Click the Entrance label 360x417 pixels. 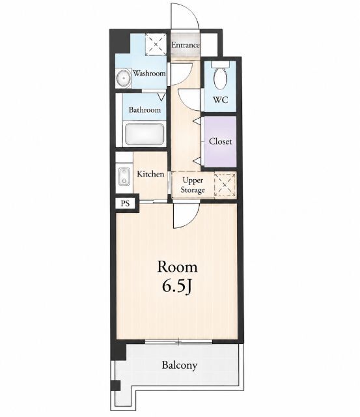point(185,45)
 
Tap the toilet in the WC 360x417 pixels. point(221,76)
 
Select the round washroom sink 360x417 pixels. point(124,78)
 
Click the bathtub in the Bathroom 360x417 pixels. point(144,134)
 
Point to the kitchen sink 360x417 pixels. point(124,177)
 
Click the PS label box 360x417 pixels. point(125,203)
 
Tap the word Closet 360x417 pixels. point(220,141)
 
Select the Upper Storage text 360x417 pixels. point(193,185)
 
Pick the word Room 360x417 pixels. point(177,267)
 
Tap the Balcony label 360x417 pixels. point(180,365)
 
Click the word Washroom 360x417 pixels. point(149,73)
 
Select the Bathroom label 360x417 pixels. point(145,109)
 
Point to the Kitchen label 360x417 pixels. point(150,174)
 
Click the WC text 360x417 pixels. point(221,100)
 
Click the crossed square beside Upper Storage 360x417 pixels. point(225,185)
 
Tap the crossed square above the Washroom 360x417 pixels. point(156,44)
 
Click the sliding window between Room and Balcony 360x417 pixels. point(179,341)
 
